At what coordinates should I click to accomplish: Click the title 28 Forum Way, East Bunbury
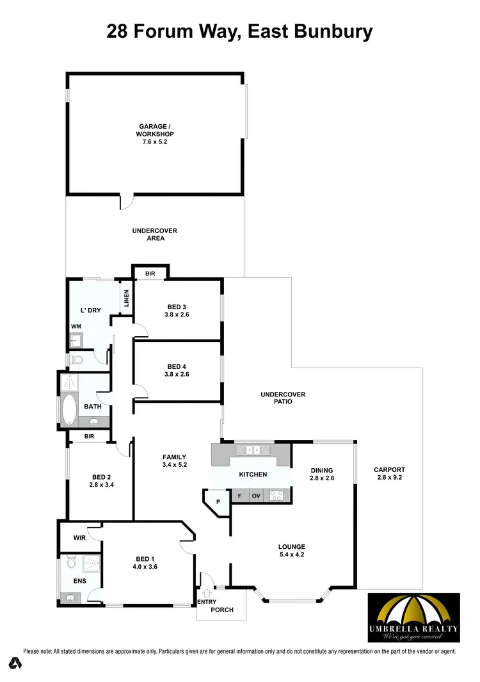point(239,30)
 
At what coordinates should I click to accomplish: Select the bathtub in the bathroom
point(68,410)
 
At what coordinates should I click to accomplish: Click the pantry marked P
point(218,501)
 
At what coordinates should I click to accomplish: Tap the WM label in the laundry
point(76,326)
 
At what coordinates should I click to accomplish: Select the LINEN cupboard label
point(127,298)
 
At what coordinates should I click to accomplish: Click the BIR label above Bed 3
point(150,273)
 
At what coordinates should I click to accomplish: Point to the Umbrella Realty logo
point(413,617)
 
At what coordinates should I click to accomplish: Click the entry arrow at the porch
point(207,594)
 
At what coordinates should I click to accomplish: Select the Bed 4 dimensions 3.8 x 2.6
point(177,374)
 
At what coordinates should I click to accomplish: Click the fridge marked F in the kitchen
point(239,495)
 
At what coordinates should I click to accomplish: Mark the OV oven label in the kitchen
point(256,495)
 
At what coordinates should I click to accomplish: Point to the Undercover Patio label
point(283,398)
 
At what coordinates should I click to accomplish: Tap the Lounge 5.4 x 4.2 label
point(291,551)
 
